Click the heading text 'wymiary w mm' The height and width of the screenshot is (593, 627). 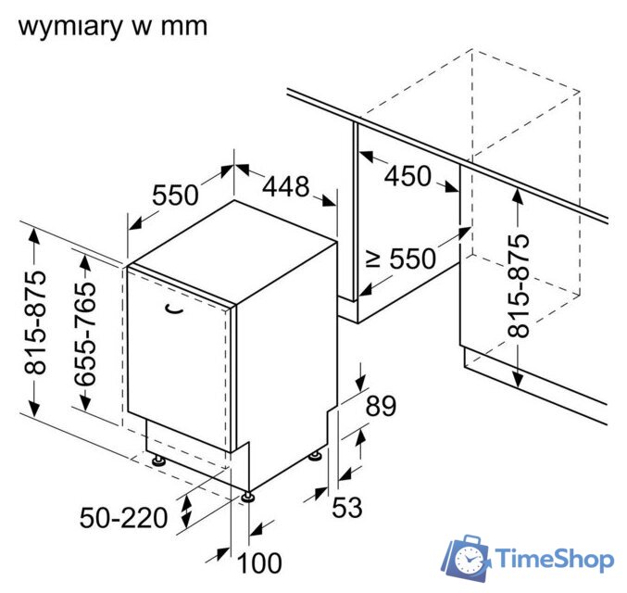click(112, 25)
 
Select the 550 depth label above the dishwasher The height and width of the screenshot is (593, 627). click(175, 196)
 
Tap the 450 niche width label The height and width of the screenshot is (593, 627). click(408, 175)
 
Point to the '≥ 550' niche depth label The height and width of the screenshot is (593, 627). click(400, 259)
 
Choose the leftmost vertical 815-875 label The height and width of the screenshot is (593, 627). click(36, 322)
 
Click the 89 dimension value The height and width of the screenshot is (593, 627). click(380, 406)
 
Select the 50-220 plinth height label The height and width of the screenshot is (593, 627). click(123, 518)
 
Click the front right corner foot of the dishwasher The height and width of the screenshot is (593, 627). click(247, 497)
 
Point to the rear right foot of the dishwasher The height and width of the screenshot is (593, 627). click(319, 455)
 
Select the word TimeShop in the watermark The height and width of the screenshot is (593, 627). click(554, 560)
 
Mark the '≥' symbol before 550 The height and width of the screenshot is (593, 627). click(373, 259)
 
